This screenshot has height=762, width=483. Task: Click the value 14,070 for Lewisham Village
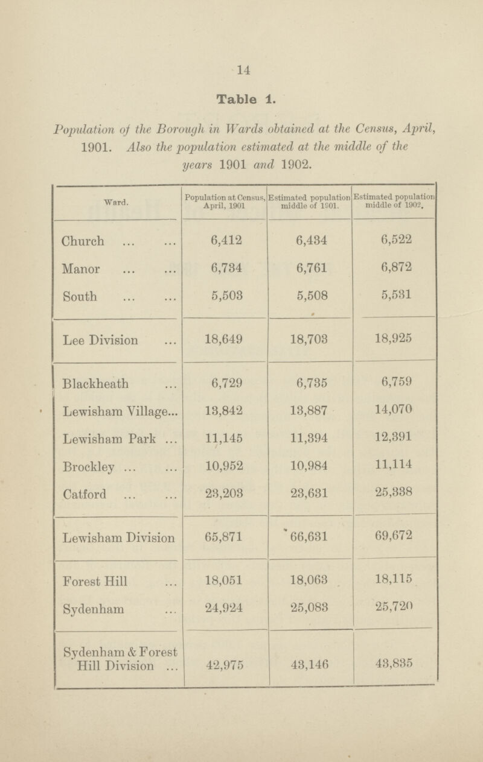coord(394,412)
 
